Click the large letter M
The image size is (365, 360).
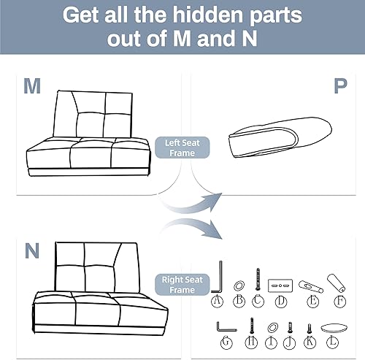(x=31, y=87)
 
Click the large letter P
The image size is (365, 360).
(x=340, y=87)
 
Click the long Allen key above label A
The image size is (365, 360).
(x=218, y=278)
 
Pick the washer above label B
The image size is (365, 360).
(x=239, y=283)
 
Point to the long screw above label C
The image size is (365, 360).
(x=258, y=280)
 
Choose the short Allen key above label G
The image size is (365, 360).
(x=222, y=326)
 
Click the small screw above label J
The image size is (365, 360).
(x=291, y=328)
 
